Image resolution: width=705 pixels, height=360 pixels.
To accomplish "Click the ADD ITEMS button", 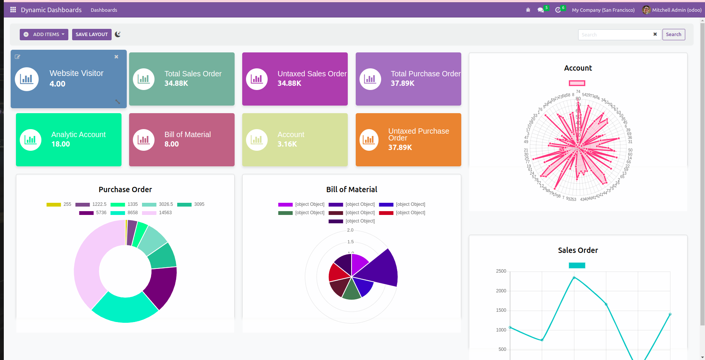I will [x=44, y=35].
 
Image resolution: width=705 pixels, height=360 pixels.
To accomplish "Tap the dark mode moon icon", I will [x=118, y=34].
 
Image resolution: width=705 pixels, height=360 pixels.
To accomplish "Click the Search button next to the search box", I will [x=673, y=35].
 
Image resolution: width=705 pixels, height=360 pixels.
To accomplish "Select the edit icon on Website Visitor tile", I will [x=17, y=57].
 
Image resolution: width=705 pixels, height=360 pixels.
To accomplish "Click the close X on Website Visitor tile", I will [x=116, y=57].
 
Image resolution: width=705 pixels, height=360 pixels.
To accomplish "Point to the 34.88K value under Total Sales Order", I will [x=176, y=83].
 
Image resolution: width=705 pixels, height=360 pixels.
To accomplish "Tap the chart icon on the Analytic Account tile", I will [x=30, y=140].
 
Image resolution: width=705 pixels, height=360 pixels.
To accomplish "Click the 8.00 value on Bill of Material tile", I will [x=172, y=144].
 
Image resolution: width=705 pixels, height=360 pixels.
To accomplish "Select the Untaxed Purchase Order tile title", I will [x=418, y=134].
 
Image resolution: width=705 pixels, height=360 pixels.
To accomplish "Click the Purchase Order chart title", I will [x=125, y=189].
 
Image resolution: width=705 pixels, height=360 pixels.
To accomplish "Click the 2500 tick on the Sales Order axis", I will [x=501, y=271].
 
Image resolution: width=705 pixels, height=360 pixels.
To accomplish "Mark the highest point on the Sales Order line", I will [x=574, y=278].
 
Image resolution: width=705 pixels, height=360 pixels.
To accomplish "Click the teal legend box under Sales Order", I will [x=577, y=265].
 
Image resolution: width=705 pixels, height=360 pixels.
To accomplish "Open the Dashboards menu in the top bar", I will [x=104, y=10].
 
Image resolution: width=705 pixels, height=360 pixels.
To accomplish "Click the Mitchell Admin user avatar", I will [x=646, y=10].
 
